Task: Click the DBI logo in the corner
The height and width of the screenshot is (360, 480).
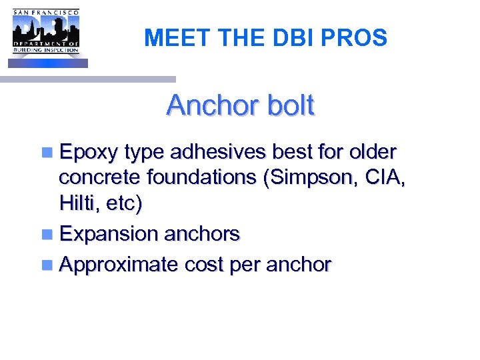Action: click(46, 33)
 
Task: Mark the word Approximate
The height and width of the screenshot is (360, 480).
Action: click(119, 265)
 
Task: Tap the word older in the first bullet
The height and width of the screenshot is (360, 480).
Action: click(373, 153)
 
